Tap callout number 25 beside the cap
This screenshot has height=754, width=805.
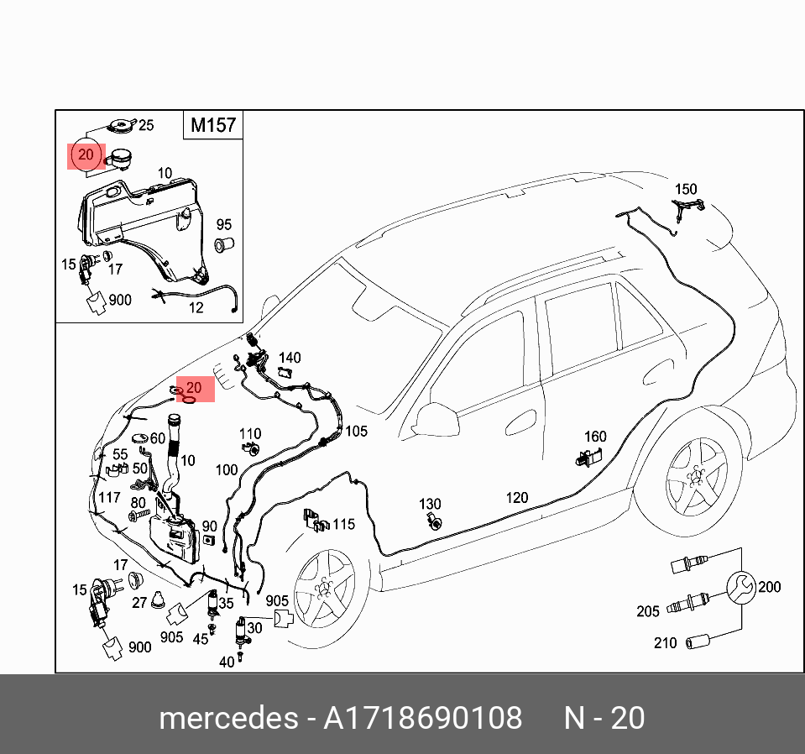(x=146, y=125)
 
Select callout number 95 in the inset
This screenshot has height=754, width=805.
(x=223, y=225)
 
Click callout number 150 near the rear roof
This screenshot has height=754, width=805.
(x=686, y=190)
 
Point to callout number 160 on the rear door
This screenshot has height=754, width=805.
(x=595, y=437)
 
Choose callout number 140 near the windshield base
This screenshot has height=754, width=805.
(x=290, y=359)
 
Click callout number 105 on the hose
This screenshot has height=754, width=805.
(x=356, y=432)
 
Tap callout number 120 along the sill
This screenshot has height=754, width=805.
(x=517, y=498)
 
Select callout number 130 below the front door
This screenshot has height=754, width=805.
(x=430, y=505)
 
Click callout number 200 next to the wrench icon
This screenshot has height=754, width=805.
(x=769, y=587)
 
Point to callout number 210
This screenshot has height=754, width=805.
(x=665, y=643)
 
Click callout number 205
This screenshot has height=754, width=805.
(x=647, y=611)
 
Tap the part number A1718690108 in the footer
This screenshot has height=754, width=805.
(x=423, y=719)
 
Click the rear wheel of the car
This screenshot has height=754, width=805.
(x=697, y=476)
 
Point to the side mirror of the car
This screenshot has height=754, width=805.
(x=433, y=417)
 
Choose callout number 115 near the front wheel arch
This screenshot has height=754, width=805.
(x=344, y=525)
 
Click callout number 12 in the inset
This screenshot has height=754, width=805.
(x=196, y=307)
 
